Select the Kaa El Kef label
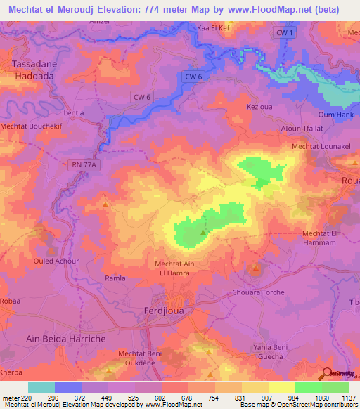(215, 27)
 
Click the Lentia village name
(74, 112)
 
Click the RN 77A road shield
(81, 164)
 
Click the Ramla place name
(115, 278)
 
